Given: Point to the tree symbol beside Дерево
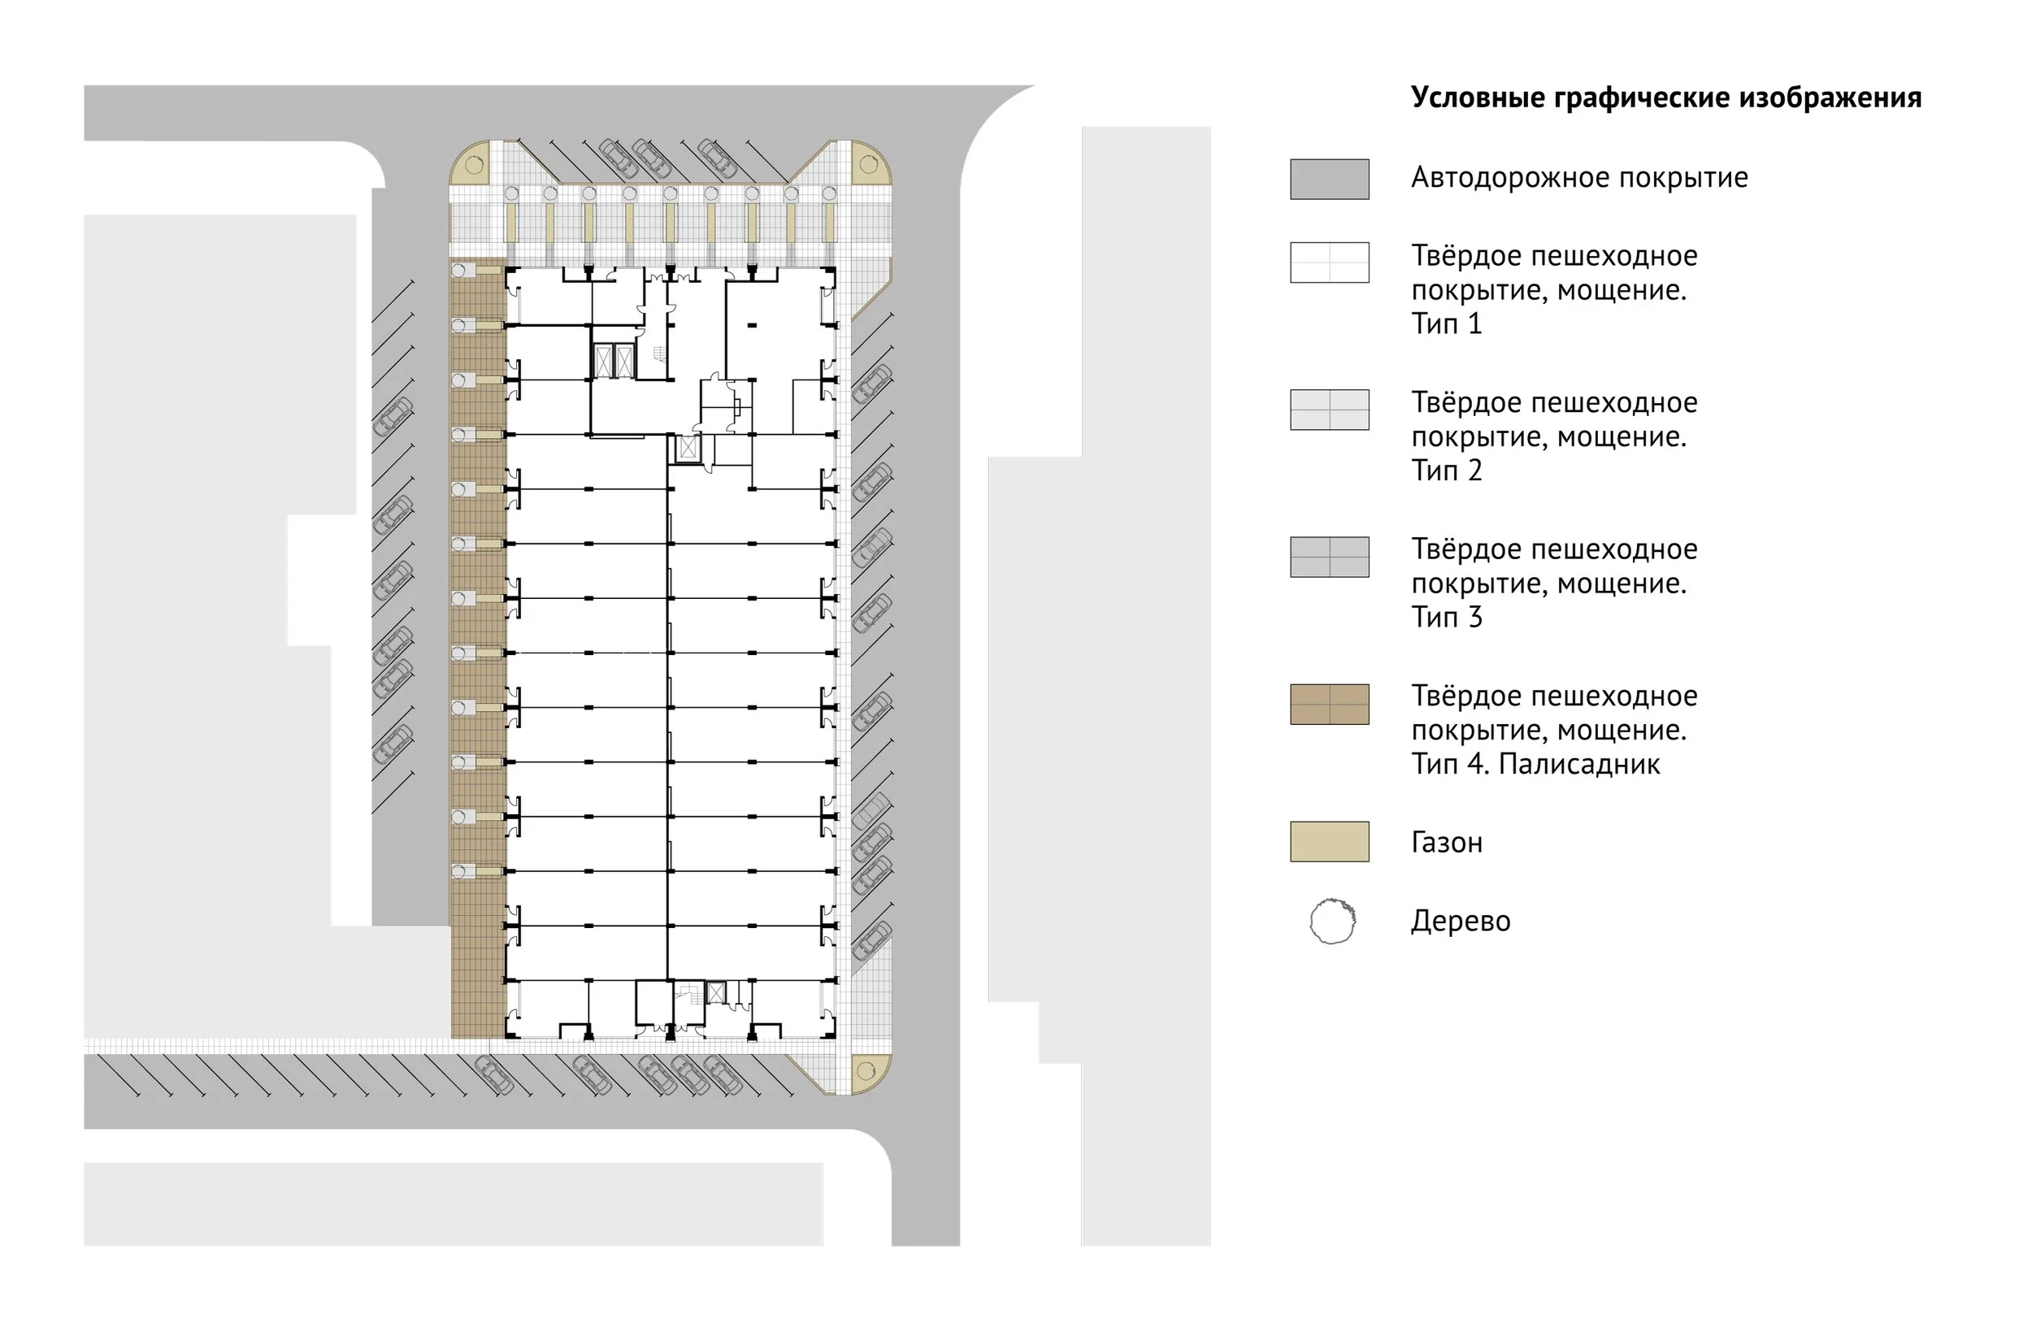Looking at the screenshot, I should [1332, 921].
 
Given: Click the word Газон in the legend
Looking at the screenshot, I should [1446, 843].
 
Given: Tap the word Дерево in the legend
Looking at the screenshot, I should [1460, 921].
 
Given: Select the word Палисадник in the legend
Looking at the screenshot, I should [1578, 764].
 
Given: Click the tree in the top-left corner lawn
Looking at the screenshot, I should [475, 165].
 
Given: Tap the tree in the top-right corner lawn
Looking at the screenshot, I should [868, 164].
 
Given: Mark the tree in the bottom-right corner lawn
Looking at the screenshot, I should [865, 1070].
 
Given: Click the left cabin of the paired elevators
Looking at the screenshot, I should [604, 361].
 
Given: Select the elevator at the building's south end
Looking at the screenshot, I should [715, 993].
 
